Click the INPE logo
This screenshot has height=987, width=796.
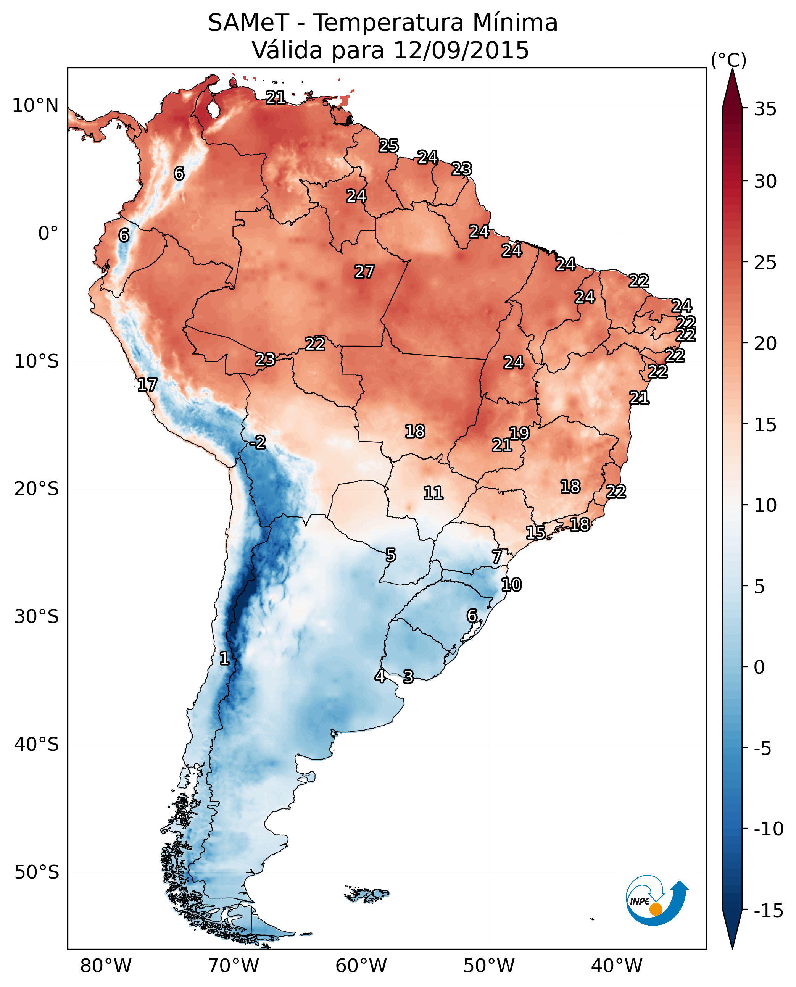[x=656, y=901]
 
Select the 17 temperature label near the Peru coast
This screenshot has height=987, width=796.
[x=147, y=385]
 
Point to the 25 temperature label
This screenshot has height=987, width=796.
[x=388, y=146]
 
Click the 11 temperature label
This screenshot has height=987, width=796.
[x=433, y=493]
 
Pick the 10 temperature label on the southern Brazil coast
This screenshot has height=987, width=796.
[x=511, y=585]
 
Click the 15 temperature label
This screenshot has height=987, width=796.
[x=535, y=533]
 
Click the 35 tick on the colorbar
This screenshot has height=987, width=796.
[x=765, y=109]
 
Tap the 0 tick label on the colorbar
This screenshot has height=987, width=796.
[x=759, y=667]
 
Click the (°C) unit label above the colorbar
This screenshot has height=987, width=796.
[x=728, y=60]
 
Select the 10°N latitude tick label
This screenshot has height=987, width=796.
[x=35, y=106]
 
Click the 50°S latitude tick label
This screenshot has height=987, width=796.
[x=37, y=872]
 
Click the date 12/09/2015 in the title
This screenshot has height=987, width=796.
[x=461, y=50]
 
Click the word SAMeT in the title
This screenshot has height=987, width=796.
[x=248, y=23]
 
